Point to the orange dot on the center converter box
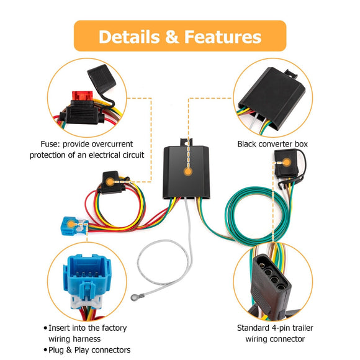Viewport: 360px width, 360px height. click(187, 169)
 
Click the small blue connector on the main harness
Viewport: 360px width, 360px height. click(71, 222)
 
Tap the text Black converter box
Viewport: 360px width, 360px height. click(272, 144)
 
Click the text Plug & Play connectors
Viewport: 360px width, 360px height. click(89, 349)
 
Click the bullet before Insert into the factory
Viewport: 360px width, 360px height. click(45, 328)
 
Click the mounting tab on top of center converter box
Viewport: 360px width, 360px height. click(186, 142)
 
